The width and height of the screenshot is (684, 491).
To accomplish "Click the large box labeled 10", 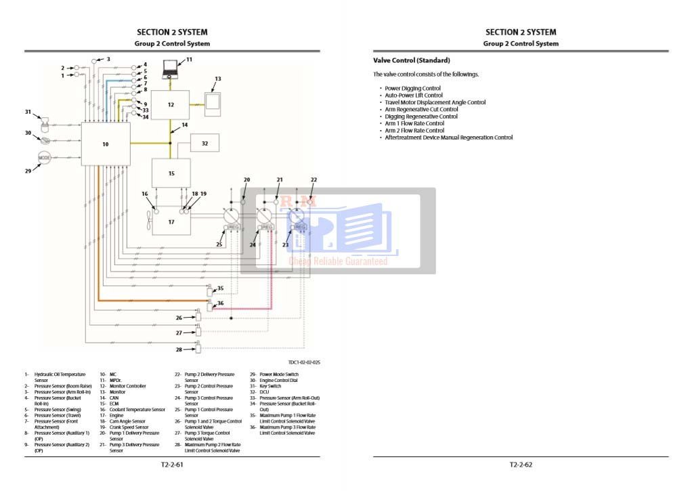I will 105,144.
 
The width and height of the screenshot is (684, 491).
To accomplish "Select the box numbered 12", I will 171,104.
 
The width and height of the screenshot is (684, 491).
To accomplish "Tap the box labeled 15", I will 171,173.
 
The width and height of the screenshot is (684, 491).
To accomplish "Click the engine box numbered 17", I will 171,221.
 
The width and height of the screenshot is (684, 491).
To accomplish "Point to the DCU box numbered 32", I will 205,143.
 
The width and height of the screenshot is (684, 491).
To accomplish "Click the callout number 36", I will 220,303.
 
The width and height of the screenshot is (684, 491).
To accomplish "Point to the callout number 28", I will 179,349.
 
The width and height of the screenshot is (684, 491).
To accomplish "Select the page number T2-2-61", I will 172,465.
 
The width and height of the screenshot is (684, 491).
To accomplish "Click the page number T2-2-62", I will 521,465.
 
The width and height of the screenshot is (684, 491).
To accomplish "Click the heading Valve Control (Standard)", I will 411,60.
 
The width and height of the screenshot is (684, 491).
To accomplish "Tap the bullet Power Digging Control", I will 412,88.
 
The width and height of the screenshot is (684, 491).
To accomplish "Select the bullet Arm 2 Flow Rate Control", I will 414,130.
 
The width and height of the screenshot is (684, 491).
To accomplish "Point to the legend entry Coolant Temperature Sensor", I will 137,409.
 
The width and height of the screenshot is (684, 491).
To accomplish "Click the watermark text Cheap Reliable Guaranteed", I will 338,261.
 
